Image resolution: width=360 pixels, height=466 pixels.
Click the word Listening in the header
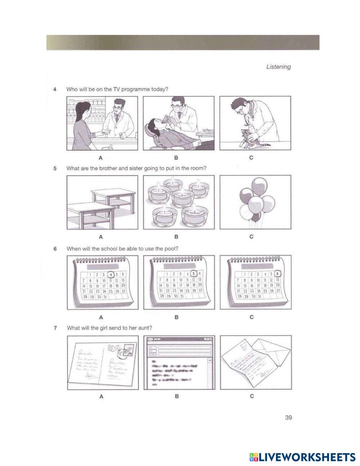[278, 67]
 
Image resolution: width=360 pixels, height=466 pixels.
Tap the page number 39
[288, 418]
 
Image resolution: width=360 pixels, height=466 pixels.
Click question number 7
[54, 328]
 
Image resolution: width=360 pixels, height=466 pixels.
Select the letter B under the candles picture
[176, 237]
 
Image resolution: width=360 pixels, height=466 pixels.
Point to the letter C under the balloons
[251, 237]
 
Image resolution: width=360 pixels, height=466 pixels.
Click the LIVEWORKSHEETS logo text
[307, 457]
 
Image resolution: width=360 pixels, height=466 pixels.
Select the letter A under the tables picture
[101, 237]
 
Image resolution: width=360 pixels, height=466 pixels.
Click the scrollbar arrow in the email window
[210, 359]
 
